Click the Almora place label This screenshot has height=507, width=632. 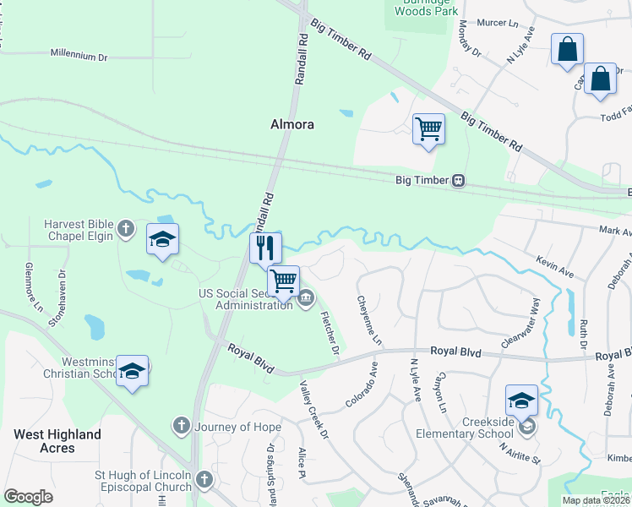tap(292, 124)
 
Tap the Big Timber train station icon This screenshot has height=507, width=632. tap(458, 180)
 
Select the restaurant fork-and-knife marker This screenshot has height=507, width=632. tap(265, 248)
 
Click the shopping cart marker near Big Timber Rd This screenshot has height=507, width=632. tap(428, 130)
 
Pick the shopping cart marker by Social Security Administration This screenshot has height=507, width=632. tap(284, 280)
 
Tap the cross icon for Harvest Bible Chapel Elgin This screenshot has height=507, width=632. tap(125, 228)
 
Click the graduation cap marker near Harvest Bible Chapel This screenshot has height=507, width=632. tap(162, 239)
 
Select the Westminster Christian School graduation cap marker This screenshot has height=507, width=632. tap(132, 371)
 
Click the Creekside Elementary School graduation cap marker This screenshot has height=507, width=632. tap(521, 400)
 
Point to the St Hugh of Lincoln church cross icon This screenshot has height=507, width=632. tap(203, 480)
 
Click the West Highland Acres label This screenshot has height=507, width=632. tap(57, 441)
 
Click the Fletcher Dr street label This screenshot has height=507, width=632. tap(330, 333)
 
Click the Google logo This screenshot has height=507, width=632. tap(28, 497)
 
